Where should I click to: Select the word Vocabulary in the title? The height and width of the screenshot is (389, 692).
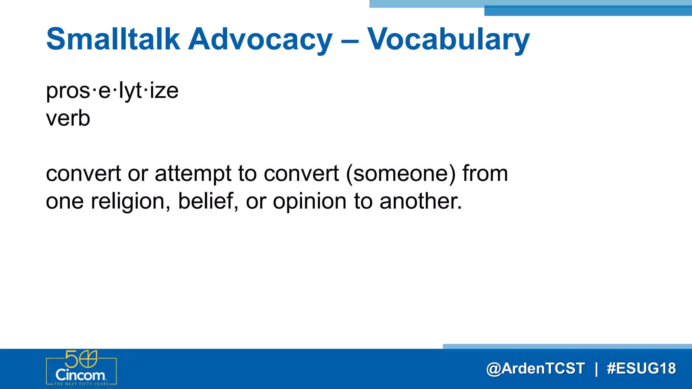448,40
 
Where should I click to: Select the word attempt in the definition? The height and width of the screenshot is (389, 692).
193,174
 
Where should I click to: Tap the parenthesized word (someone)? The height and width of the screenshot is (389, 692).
401,174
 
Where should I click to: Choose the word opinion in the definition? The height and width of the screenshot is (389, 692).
310,201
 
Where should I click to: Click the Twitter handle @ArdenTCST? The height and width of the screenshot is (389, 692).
535,368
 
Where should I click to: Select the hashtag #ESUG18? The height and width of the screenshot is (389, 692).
641,368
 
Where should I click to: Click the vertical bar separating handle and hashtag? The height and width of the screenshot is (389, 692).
596,368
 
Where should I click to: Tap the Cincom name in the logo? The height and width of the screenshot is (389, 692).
80,375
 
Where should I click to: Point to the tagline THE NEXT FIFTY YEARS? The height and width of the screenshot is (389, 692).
81,384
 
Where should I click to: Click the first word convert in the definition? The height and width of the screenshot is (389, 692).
83,174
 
